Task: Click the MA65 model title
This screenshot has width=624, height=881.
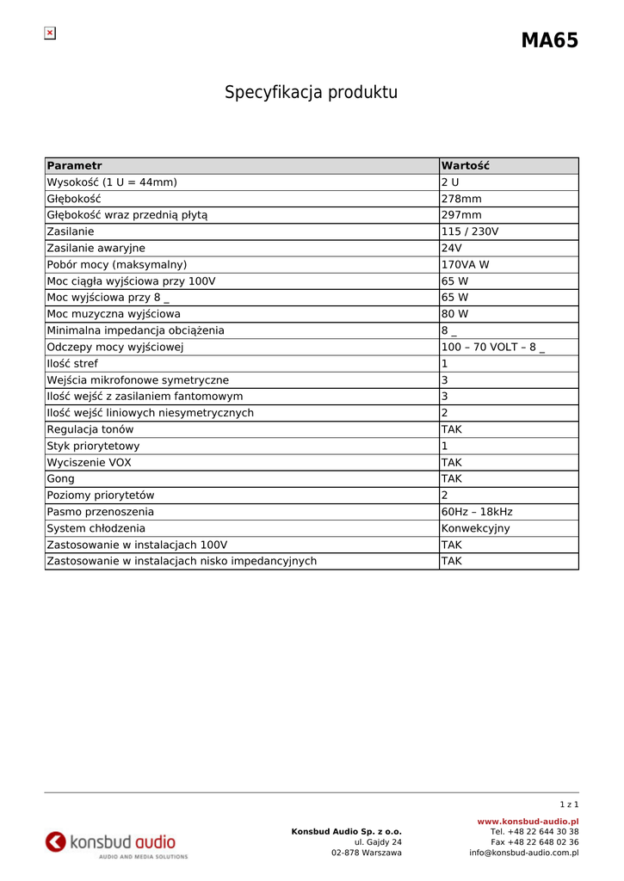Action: (x=549, y=40)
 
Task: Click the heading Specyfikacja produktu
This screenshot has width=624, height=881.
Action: (x=312, y=92)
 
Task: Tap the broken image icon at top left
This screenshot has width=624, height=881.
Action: (x=50, y=34)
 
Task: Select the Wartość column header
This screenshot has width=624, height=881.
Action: (x=465, y=166)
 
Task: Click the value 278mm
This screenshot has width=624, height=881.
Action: (x=461, y=199)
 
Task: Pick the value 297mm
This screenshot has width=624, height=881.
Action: (x=461, y=215)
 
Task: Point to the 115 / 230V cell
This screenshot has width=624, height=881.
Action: (x=470, y=231)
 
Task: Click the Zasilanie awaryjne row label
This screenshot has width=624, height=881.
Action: (x=96, y=248)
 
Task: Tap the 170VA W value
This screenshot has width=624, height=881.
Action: (x=465, y=265)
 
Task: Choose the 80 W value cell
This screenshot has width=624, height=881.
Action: (x=455, y=314)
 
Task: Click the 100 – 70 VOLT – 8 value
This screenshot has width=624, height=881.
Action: (x=493, y=348)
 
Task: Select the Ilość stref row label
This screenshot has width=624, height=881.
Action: (x=72, y=364)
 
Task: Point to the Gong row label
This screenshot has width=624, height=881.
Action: (x=60, y=479)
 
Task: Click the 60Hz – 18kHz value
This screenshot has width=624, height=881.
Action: (x=477, y=512)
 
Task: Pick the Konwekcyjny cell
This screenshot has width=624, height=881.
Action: (x=475, y=528)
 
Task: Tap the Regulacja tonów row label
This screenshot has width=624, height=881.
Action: (x=90, y=429)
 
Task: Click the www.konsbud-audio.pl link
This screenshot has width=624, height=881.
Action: (x=528, y=822)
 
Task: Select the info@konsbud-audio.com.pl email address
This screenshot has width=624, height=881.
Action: (x=523, y=853)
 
